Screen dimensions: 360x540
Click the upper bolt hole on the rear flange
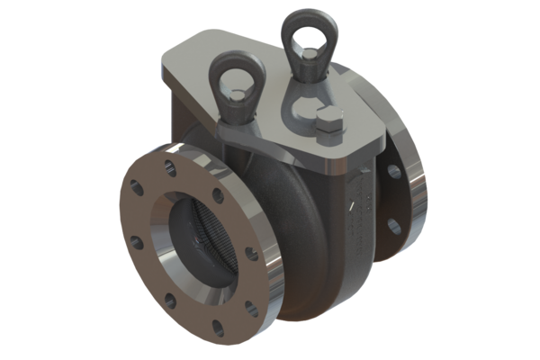(392, 171)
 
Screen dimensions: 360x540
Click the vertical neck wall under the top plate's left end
(180, 117)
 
